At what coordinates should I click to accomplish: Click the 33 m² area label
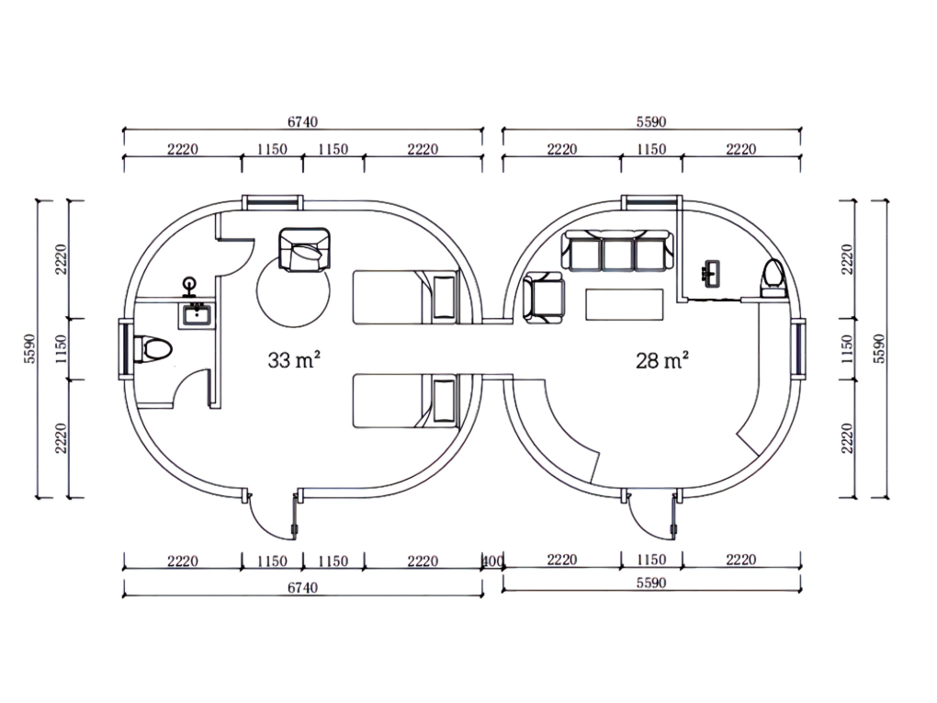(x=293, y=360)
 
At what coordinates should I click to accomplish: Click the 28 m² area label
(x=661, y=360)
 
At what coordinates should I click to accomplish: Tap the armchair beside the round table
(x=304, y=250)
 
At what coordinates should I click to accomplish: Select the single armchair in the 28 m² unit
(x=543, y=299)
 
